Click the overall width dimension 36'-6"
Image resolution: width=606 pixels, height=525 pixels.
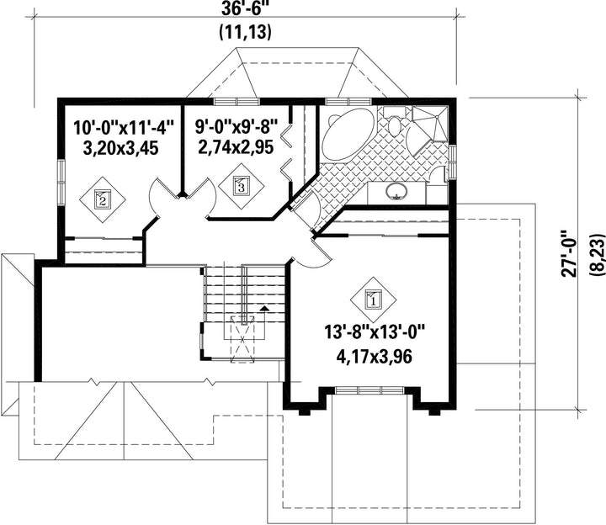pyautogui.click(x=244, y=9)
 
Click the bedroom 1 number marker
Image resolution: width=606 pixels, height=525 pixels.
pyautogui.click(x=374, y=300)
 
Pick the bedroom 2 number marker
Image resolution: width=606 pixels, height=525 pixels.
pyautogui.click(x=103, y=199)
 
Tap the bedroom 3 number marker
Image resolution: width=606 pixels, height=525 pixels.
pyautogui.click(x=242, y=186)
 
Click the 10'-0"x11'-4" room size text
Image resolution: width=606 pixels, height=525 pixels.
pyautogui.click(x=124, y=127)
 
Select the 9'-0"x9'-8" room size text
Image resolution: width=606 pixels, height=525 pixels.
pyautogui.click(x=237, y=126)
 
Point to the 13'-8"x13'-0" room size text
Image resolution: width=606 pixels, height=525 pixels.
pyautogui.click(x=375, y=331)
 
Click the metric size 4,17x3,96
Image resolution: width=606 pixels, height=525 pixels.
pyautogui.click(x=374, y=356)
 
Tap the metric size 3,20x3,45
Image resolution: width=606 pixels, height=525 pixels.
pyautogui.click(x=120, y=147)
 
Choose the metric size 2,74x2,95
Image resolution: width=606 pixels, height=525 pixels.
pyautogui.click(x=236, y=146)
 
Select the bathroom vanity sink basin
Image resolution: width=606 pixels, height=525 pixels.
pyautogui.click(x=396, y=191)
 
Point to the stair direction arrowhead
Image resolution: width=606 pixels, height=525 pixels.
pyautogui.click(x=264, y=307)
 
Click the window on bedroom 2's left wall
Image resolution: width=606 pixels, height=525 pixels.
pyautogui.click(x=61, y=182)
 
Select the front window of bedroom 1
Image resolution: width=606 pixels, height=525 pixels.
pyautogui.click(x=369, y=390)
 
